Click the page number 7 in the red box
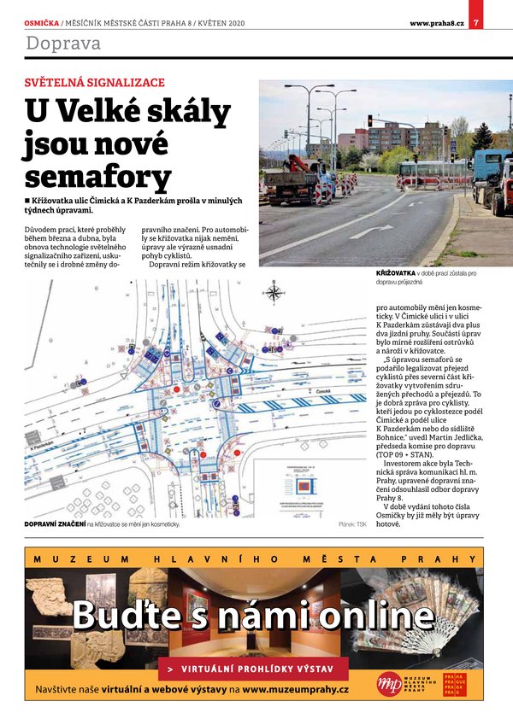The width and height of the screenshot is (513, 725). [x=476, y=22]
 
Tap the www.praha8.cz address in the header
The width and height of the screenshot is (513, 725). [x=436, y=23]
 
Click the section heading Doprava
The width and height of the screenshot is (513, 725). [x=63, y=44]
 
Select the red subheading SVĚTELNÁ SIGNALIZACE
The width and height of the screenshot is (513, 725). [x=95, y=83]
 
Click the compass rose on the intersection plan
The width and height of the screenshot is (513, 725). [x=274, y=294]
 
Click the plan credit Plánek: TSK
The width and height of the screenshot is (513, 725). [x=351, y=523]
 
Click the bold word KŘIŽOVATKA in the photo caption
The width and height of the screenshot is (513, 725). [x=396, y=273]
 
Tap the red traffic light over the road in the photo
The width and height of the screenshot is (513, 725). [x=369, y=120]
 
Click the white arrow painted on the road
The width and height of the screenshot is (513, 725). [x=370, y=231]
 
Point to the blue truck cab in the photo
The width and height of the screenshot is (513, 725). [x=490, y=166]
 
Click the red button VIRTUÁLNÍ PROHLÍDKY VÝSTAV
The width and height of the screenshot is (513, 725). [x=253, y=668]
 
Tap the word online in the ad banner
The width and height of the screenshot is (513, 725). [x=370, y=615]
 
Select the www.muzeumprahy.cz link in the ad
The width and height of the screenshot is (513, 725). [x=295, y=688]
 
